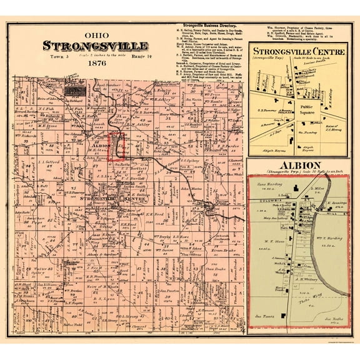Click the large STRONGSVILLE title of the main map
[x=95, y=46]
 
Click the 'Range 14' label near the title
[x=140, y=55]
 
